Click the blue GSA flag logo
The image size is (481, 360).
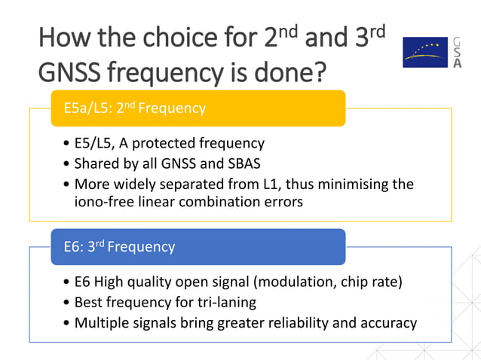pyautogui.click(x=424, y=52)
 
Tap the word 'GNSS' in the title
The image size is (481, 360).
pyautogui.click(x=69, y=72)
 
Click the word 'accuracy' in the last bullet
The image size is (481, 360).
pyautogui.click(x=388, y=322)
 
